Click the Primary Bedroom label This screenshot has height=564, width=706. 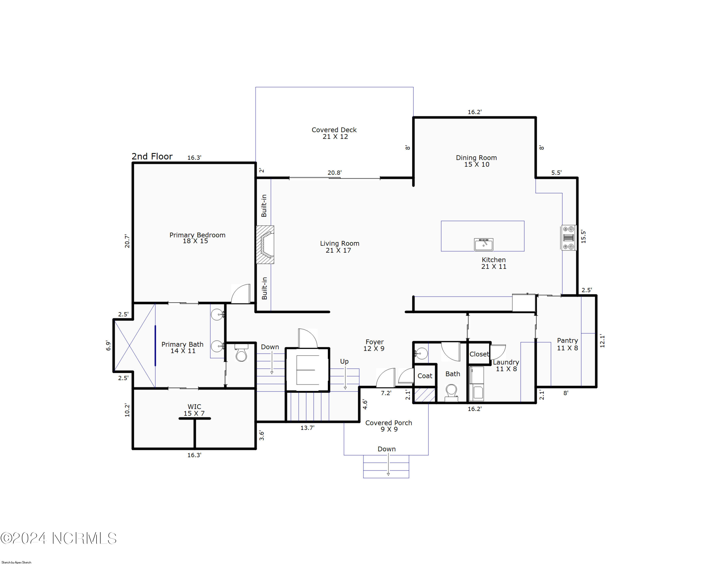[197, 238]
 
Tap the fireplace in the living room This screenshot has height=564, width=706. [265, 245]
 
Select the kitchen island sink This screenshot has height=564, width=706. [484, 244]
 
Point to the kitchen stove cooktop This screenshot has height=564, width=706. [569, 238]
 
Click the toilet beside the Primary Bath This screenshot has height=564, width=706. [241, 353]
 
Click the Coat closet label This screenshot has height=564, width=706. [425, 376]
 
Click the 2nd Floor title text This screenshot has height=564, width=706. [152, 156]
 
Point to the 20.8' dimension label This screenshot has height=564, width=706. [335, 173]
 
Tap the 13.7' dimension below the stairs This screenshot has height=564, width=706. [308, 428]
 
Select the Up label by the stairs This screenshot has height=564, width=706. [344, 361]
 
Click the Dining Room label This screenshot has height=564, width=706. [477, 161]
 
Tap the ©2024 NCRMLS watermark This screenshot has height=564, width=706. [59, 538]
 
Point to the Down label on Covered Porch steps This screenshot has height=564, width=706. [387, 449]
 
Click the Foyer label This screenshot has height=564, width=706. [374, 345]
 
